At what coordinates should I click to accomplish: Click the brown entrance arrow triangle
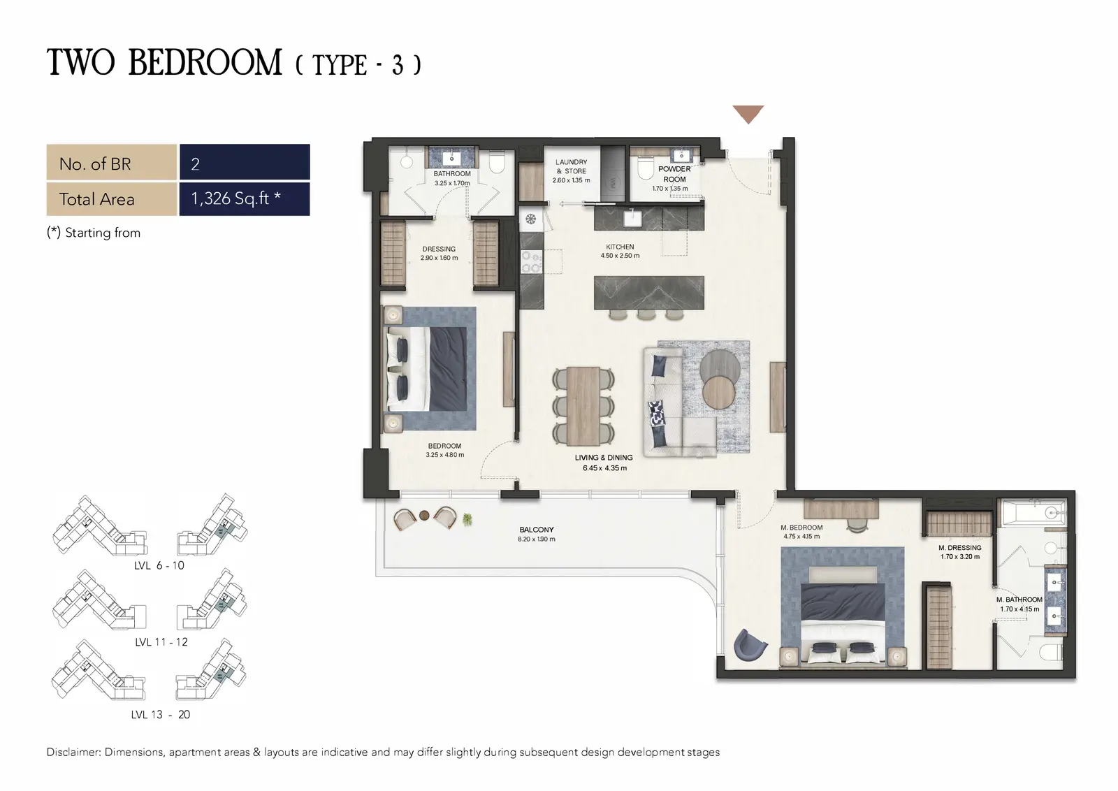[748, 113]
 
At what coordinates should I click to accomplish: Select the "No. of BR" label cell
[112, 161]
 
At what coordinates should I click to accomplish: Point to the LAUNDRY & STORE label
[572, 170]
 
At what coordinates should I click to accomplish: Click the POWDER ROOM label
[674, 174]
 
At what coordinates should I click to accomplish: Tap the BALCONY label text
[537, 530]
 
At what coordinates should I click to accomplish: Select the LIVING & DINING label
[604, 457]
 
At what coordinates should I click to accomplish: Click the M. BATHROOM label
[1019, 600]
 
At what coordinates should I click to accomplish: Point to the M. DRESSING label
[960, 547]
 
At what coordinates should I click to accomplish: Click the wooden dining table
[583, 406]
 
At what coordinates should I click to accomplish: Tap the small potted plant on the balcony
[467, 519]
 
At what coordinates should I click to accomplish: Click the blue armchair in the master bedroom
[750, 646]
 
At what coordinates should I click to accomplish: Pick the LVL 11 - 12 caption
[161, 642]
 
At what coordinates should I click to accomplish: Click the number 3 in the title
[398, 66]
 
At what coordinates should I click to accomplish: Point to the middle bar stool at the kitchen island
[646, 314]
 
